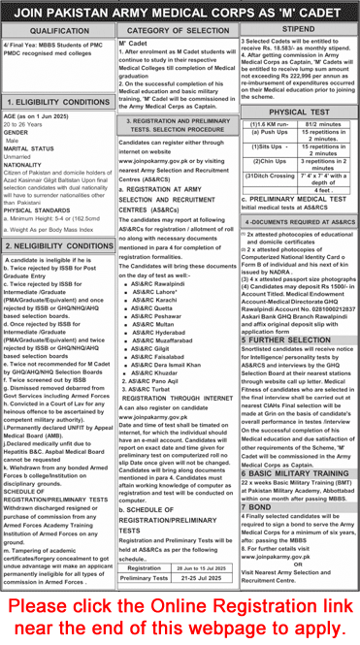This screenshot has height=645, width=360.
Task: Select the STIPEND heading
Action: [x=300, y=31]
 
